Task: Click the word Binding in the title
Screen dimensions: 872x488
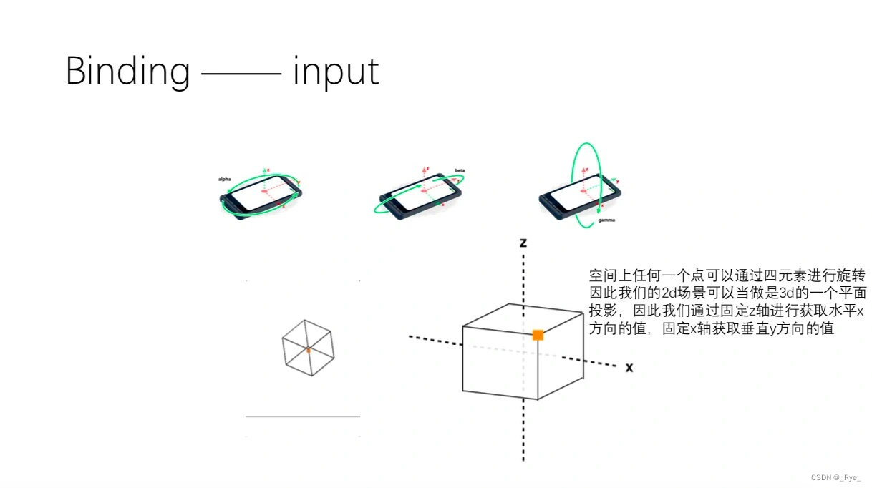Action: pyautogui.click(x=127, y=72)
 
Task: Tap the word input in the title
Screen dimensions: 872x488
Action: pyautogui.click(x=335, y=72)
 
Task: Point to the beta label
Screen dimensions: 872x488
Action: pyautogui.click(x=460, y=171)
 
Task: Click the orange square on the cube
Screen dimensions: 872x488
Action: pyautogui.click(x=538, y=334)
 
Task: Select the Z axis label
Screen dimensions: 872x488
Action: pyautogui.click(x=523, y=243)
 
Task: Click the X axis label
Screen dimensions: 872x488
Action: pyautogui.click(x=629, y=368)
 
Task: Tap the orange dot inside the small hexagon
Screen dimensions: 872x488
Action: pyautogui.click(x=308, y=350)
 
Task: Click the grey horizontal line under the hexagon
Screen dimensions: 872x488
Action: pyautogui.click(x=302, y=416)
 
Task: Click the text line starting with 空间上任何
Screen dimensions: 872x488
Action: pyautogui.click(x=727, y=276)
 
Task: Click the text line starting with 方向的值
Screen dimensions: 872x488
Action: pyautogui.click(x=711, y=330)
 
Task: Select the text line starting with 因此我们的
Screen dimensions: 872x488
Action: pyautogui.click(x=727, y=294)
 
